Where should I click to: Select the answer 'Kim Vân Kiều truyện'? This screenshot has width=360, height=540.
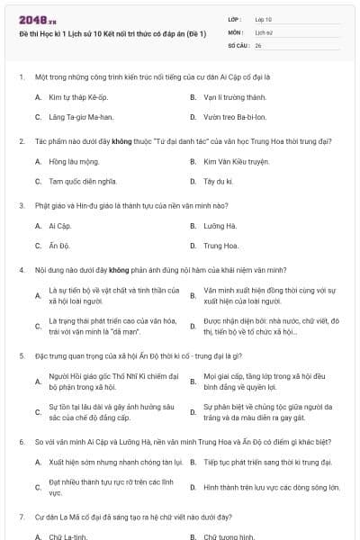point(237,161)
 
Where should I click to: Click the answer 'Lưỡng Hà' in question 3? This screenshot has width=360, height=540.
point(220,225)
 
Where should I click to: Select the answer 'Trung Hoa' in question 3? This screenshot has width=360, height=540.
point(221,245)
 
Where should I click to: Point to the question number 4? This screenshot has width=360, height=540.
point(21,269)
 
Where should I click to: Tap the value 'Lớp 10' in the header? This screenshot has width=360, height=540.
point(264,18)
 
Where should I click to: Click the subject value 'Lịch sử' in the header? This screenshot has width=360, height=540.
point(263,31)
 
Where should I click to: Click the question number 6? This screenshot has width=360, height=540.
point(21,442)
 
